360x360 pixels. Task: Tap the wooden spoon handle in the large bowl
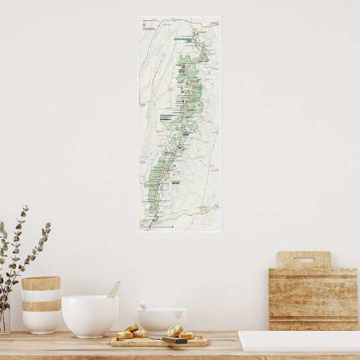114,289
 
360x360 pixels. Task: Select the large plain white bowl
90,315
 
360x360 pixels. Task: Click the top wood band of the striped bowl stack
41,283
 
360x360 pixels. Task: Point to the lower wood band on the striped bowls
41,306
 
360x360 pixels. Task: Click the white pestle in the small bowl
145,305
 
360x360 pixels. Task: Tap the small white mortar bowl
162,320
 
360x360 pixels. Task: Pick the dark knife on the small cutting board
174,340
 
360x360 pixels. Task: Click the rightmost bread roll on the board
185,335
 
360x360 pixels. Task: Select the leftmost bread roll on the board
124,335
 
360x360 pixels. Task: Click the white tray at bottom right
299,341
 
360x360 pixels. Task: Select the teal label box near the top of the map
181,39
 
